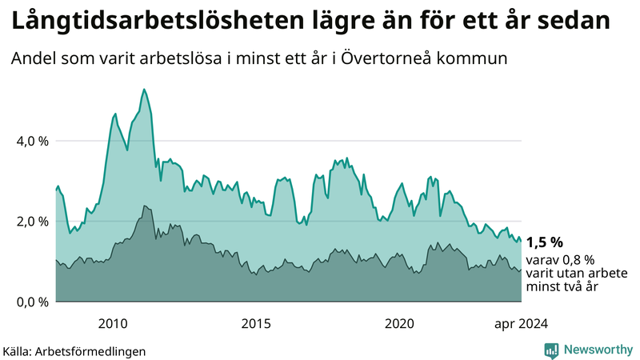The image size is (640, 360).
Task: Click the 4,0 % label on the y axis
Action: pos(33,141)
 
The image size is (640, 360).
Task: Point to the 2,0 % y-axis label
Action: pos(33,222)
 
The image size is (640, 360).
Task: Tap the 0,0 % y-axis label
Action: pos(33,302)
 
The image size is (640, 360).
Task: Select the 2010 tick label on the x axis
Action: pos(113,323)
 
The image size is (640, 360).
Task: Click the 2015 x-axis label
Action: pos(256,323)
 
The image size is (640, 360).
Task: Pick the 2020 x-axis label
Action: pos(399,323)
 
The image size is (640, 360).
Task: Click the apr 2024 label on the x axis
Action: pos(521,323)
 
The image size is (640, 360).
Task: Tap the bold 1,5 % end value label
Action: pos(545,242)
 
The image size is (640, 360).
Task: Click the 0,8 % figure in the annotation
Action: pos(578,260)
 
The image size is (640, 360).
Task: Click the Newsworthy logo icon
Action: pos(551,350)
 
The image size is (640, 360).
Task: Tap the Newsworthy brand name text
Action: pos(597,350)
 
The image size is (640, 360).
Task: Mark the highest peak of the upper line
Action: pos(143,89)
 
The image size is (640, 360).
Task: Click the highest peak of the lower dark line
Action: pos(145,206)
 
